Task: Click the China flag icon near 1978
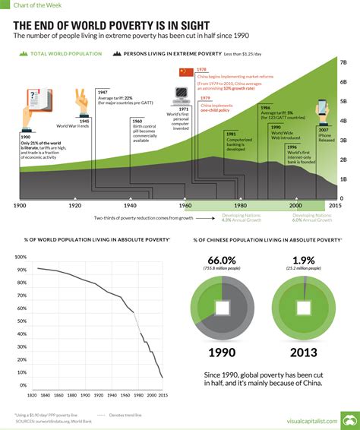185,72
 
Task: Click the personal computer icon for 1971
182,94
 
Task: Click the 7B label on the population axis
343,62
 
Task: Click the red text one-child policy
215,111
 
